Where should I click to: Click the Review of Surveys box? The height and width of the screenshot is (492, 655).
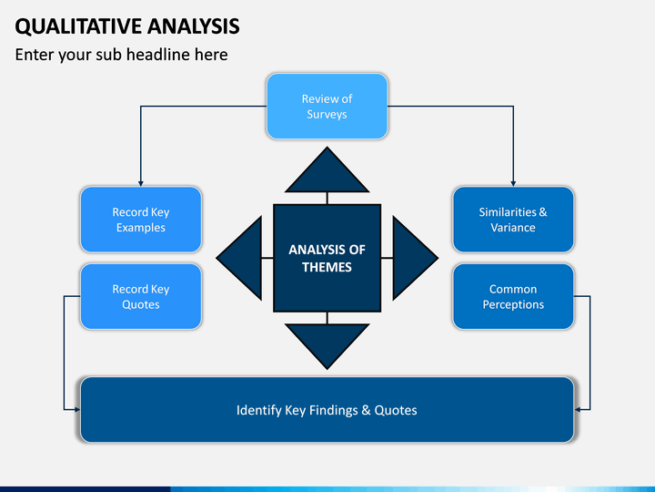(x=327, y=107)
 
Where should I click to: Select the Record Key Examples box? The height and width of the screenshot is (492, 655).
(x=140, y=220)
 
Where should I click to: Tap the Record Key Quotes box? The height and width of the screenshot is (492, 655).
(x=140, y=296)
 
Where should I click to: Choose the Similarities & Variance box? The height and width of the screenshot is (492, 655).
(x=513, y=220)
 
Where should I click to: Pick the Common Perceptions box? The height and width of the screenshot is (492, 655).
(x=513, y=296)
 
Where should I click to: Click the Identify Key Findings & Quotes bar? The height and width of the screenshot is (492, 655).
(x=327, y=410)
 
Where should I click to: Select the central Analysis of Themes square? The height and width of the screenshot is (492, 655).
(x=327, y=258)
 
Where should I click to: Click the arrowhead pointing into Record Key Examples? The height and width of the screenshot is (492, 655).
(x=140, y=182)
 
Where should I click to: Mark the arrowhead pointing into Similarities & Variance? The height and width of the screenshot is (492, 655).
(x=513, y=182)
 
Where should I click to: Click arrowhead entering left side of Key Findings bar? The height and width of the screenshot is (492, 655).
(x=76, y=410)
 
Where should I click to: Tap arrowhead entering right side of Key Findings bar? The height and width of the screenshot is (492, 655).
(x=579, y=410)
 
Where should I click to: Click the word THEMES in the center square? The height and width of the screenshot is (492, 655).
(x=327, y=267)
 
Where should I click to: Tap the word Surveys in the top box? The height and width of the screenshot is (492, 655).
(x=327, y=115)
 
